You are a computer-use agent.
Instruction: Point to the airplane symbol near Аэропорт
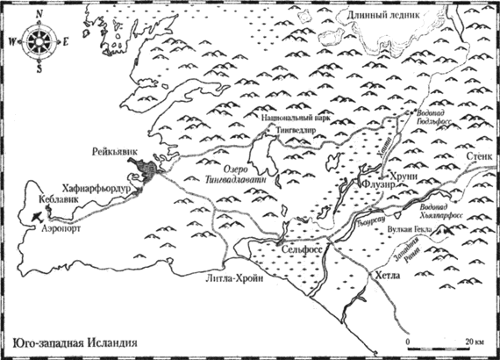tap(34, 212)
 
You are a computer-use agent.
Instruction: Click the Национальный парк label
tap(294, 116)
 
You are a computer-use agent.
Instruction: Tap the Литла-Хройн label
tap(229, 278)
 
